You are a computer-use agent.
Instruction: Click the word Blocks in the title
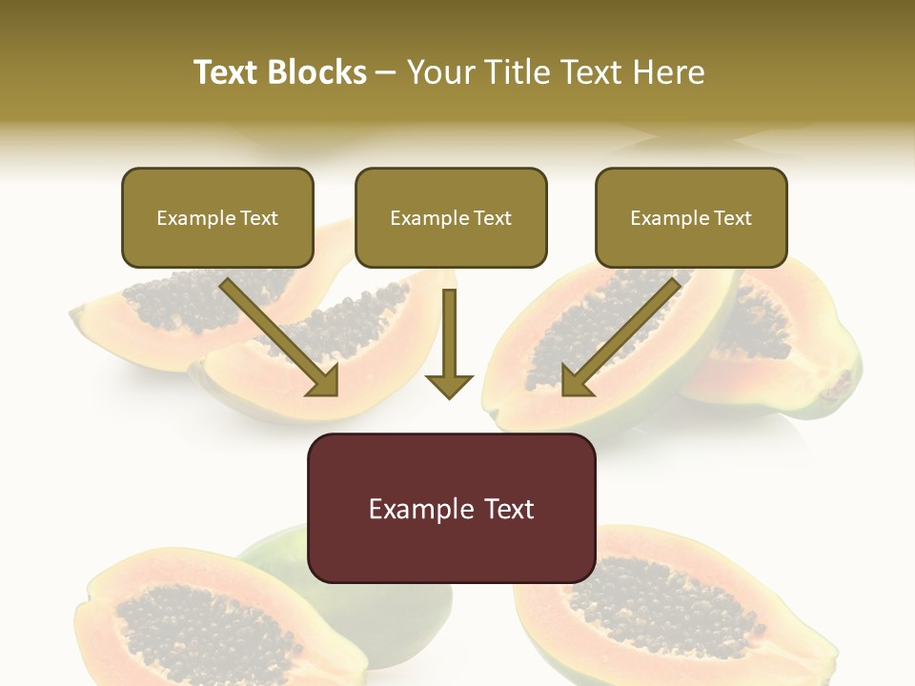(x=316, y=72)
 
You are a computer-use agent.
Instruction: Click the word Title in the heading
(x=522, y=72)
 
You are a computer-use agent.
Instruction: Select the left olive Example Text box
(x=217, y=217)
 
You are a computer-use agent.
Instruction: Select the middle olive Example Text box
(x=451, y=217)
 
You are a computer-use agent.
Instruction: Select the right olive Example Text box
(x=691, y=217)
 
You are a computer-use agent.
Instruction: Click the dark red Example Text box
(x=451, y=508)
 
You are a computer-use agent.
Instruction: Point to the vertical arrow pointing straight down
(x=449, y=338)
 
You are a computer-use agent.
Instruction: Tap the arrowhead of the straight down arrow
(x=449, y=385)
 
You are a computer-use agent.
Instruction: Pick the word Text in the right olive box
(x=732, y=218)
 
